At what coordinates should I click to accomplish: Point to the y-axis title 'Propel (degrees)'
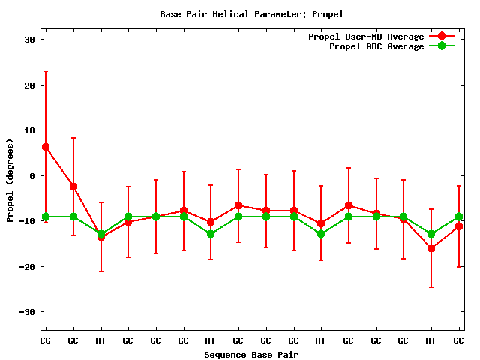click(x=10, y=180)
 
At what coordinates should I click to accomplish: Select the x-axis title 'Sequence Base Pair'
click(x=251, y=354)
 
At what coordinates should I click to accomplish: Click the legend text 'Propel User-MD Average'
click(x=366, y=37)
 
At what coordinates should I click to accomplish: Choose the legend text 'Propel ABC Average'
click(x=376, y=46)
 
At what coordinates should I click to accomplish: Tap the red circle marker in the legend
click(x=442, y=37)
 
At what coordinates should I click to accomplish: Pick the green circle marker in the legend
click(x=442, y=46)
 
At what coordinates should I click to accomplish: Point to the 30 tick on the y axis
click(x=30, y=40)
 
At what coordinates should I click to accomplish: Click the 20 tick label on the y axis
click(x=30, y=85)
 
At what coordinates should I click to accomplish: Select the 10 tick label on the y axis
click(x=30, y=130)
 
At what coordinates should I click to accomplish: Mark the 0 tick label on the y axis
click(x=32, y=176)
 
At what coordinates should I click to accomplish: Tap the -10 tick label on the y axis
click(x=28, y=221)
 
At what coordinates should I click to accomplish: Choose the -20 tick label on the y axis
click(x=28, y=266)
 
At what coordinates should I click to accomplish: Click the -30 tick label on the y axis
click(x=28, y=312)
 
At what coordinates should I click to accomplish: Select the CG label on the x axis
click(x=46, y=340)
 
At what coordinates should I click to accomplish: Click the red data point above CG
click(x=46, y=147)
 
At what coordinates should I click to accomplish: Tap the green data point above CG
click(x=46, y=217)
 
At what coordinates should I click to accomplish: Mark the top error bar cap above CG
click(x=46, y=71)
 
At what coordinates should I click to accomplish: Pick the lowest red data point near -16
click(x=431, y=248)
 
